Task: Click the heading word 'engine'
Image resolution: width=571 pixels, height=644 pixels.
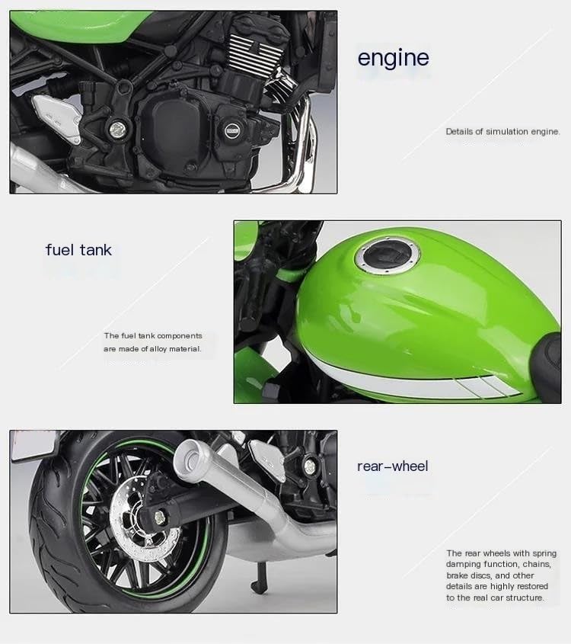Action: tap(394, 58)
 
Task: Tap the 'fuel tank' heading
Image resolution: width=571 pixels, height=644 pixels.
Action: tap(78, 250)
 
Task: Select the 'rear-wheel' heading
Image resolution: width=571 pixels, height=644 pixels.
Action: tap(393, 466)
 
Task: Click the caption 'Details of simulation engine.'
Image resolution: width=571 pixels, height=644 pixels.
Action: tap(502, 131)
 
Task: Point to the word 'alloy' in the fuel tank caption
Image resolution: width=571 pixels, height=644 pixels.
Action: tap(158, 349)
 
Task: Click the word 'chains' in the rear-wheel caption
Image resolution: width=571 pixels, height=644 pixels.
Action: tap(537, 564)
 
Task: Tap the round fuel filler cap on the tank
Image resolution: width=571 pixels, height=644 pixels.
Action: tap(388, 256)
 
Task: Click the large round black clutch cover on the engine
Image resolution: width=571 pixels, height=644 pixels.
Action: tap(177, 123)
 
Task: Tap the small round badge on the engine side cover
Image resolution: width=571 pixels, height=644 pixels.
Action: tap(231, 130)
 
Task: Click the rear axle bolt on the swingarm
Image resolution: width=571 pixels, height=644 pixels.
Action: tap(158, 517)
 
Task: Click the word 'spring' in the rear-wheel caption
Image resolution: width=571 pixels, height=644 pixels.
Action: tap(544, 553)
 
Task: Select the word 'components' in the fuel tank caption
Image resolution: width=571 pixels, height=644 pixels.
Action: tap(180, 336)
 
